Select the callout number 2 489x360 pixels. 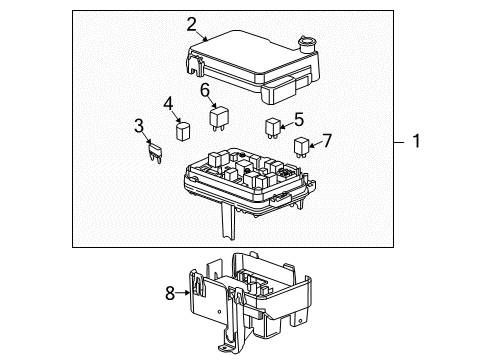[x=191, y=23]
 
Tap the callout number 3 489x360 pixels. [x=140, y=125]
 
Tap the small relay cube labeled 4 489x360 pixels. [x=182, y=130]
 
